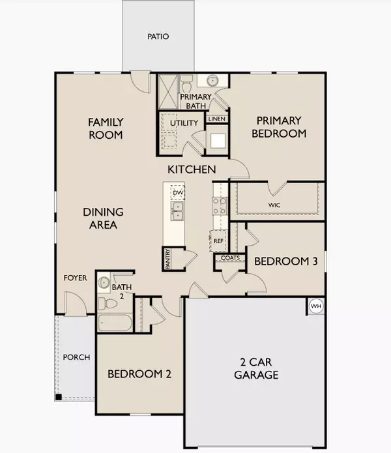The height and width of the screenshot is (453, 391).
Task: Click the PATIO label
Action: [x=157, y=37]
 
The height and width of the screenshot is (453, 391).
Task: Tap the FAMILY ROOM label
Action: [x=106, y=128]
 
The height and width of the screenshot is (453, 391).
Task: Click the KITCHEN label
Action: [x=192, y=169]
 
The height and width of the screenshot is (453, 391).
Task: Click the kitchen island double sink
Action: [x=177, y=211]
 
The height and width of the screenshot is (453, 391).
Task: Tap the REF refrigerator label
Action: [x=219, y=241]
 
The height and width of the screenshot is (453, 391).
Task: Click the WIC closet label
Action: [x=273, y=205]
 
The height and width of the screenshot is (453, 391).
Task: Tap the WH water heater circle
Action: [x=316, y=306]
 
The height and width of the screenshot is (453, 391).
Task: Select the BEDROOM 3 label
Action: [x=285, y=261]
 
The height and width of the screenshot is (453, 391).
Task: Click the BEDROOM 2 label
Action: [x=139, y=374]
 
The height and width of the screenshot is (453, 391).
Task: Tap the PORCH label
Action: [x=76, y=357]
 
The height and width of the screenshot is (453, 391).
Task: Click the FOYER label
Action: [x=75, y=278]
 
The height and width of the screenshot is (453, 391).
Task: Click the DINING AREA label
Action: [x=100, y=218]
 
